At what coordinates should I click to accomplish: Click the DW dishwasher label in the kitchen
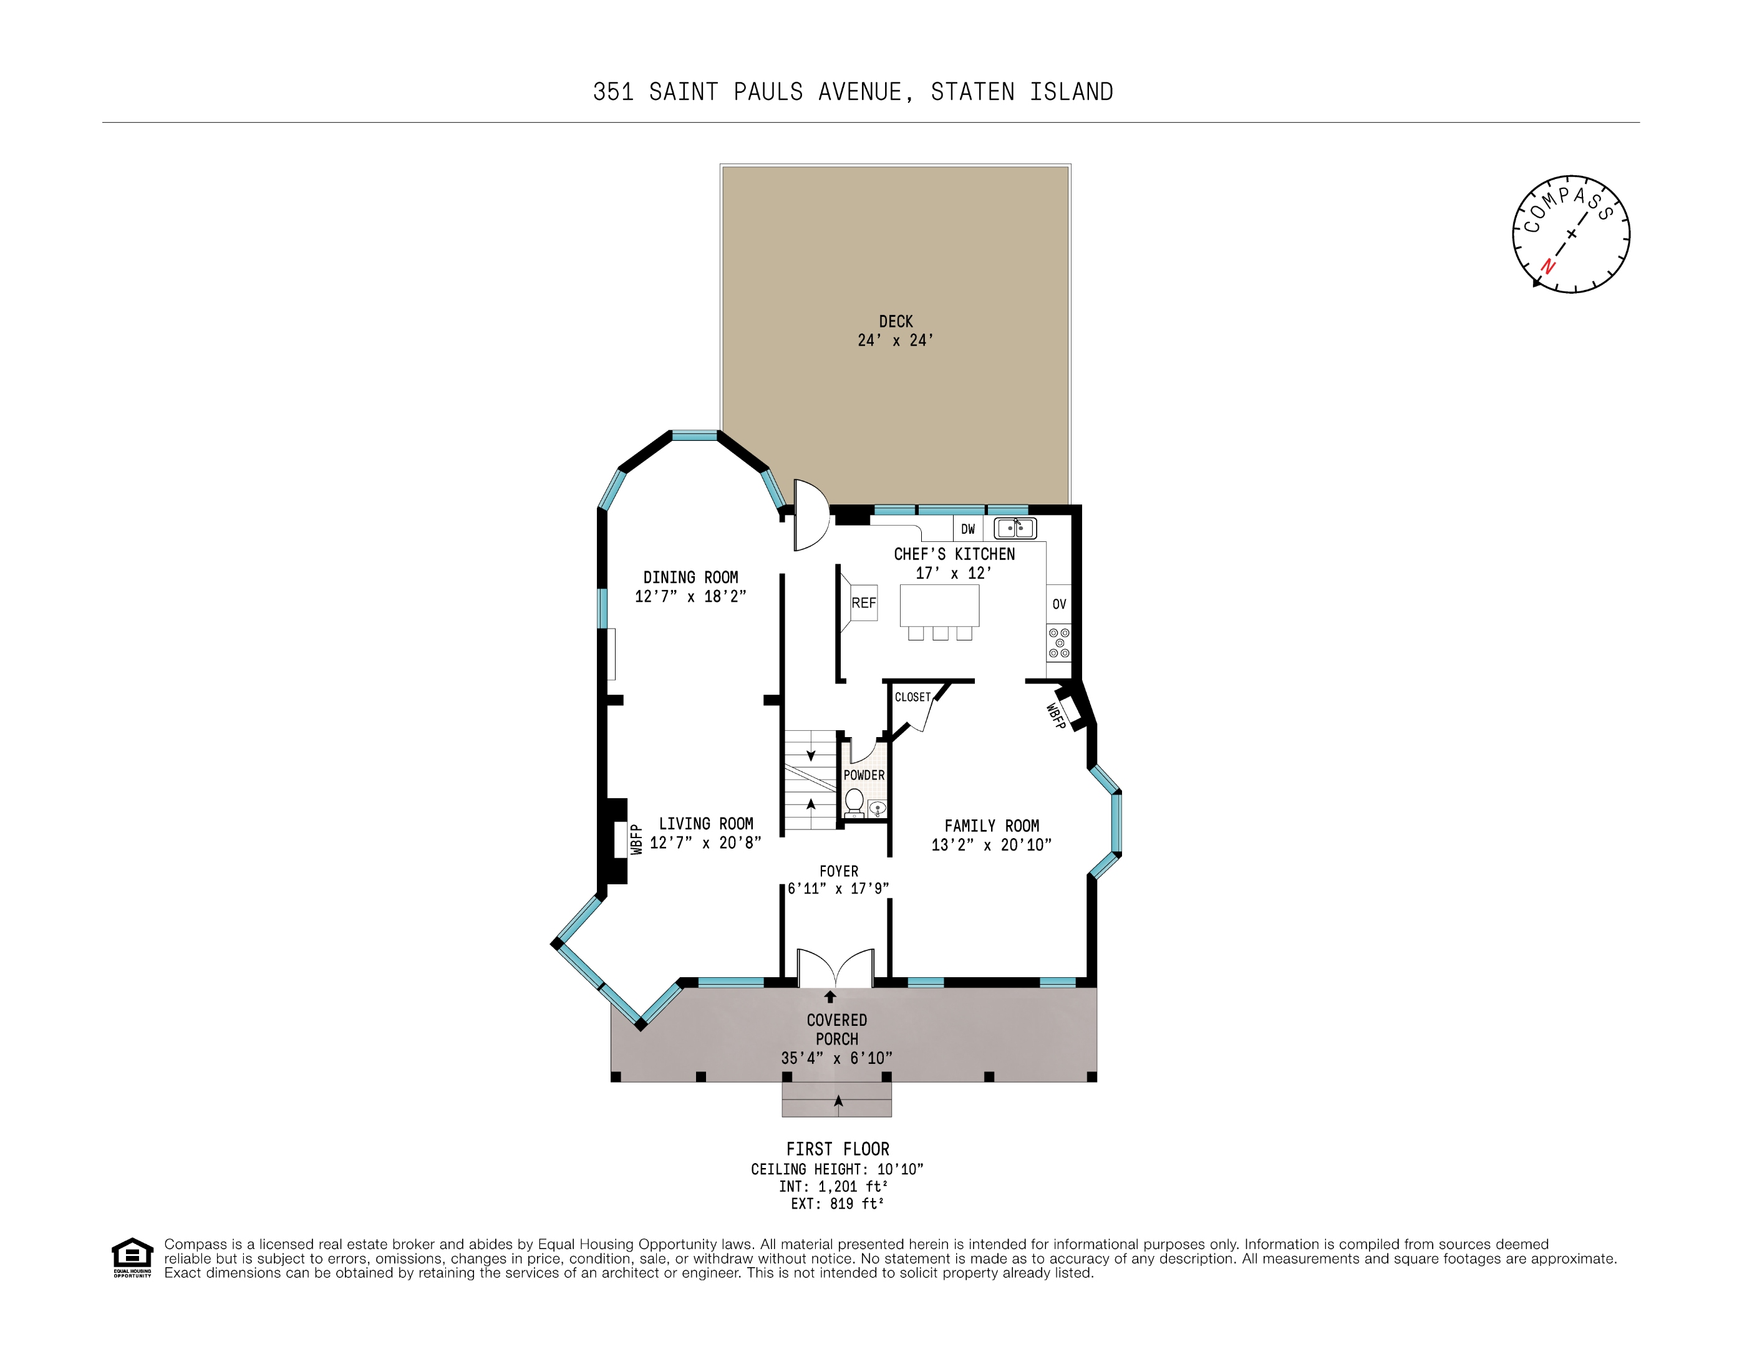pos(967,529)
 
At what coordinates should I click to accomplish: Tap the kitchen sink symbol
pos(1015,528)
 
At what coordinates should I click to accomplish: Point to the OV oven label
pos(1059,604)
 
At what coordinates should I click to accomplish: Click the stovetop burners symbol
pos(1059,643)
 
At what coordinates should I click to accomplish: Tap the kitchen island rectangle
pos(939,606)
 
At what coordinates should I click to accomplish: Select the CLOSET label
pos(912,697)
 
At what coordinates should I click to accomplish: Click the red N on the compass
pos(1548,266)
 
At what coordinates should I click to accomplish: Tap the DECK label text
pos(896,321)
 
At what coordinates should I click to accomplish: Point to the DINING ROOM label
pos(690,577)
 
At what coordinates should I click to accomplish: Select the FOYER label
pos(839,872)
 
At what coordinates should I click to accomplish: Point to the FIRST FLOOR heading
pos(838,1149)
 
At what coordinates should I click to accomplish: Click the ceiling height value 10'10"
pos(901,1169)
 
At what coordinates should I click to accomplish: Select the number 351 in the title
pos(613,92)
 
